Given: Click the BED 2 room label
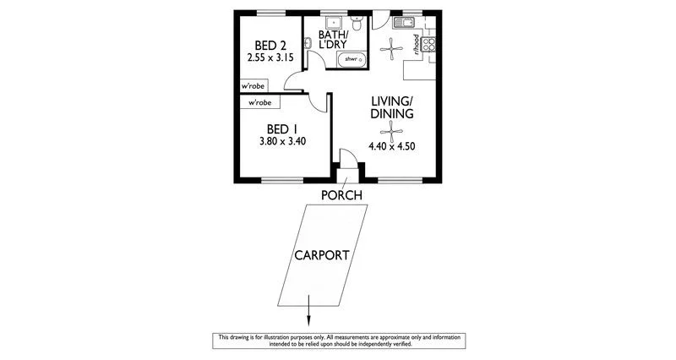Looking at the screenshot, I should click(271, 45).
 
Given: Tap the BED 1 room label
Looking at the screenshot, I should click(282, 128).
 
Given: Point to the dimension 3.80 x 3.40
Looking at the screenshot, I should click(282, 142).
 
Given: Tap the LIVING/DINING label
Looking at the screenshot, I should click(391, 106).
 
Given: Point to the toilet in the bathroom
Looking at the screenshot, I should click(359, 25).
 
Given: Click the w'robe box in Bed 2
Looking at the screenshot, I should click(254, 86).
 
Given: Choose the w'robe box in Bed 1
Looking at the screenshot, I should click(259, 102).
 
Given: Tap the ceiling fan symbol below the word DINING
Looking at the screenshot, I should click(390, 130).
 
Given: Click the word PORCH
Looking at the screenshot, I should click(341, 196).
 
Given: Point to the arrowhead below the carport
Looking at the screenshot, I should click(308, 319).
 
